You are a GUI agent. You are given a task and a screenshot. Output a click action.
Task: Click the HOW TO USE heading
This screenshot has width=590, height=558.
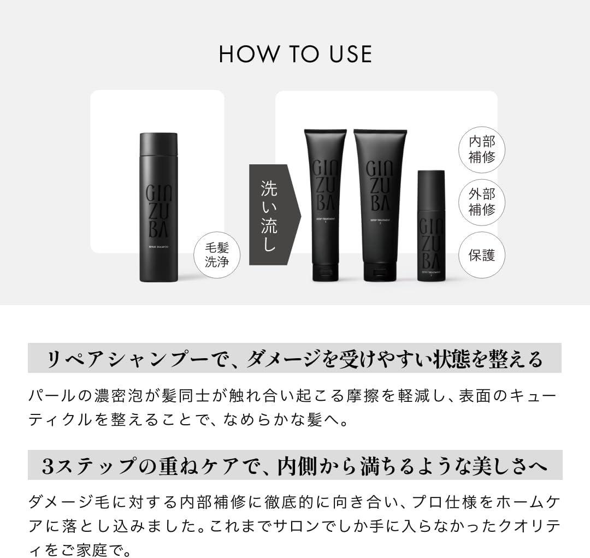(295, 54)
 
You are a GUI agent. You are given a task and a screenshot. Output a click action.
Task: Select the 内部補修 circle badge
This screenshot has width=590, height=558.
(481, 150)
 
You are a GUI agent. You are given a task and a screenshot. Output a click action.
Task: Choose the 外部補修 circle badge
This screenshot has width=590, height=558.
(481, 202)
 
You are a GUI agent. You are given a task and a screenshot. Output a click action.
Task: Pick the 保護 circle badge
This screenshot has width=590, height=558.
(481, 255)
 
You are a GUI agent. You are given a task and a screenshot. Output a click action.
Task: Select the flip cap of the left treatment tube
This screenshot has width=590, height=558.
(325, 271)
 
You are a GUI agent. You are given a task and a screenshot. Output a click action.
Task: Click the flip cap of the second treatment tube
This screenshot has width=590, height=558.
(380, 271)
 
